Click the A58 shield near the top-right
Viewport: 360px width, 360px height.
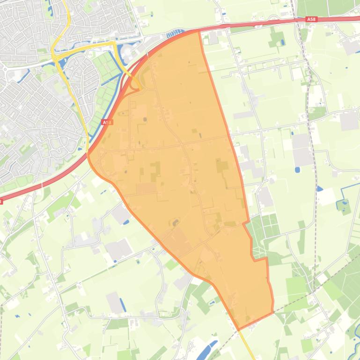point(311,19)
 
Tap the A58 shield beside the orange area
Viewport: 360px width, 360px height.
point(107,122)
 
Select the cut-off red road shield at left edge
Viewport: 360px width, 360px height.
point(1,201)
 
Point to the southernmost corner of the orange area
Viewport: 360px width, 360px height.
point(239,330)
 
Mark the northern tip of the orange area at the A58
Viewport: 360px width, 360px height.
point(199,31)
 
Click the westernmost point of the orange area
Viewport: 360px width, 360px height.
point(88,154)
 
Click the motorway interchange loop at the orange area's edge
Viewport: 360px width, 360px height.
point(136,84)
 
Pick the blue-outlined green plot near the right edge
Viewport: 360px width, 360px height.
point(345,206)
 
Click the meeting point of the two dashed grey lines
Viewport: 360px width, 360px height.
point(311,293)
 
